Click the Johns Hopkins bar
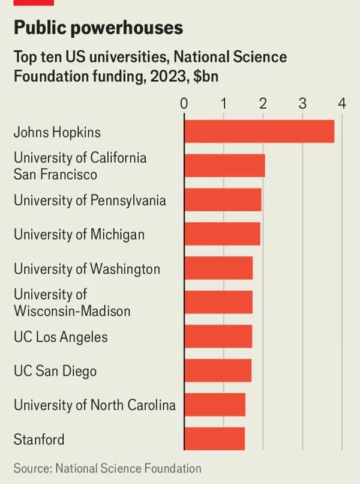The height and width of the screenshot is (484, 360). (259, 132)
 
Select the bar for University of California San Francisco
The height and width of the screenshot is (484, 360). (224, 166)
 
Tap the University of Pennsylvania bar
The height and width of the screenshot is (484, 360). (223, 200)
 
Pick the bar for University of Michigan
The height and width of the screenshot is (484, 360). (222, 234)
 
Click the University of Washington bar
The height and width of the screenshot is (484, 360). (218, 268)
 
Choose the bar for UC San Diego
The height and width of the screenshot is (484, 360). (218, 371)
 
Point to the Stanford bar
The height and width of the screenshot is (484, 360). (214, 439)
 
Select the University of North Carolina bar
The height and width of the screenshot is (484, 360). (215, 405)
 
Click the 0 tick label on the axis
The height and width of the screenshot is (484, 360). (184, 103)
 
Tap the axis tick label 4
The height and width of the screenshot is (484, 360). (342, 103)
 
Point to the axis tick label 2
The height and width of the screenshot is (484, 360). (263, 103)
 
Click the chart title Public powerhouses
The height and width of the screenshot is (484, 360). (98, 28)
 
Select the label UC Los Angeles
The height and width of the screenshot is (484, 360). (61, 337)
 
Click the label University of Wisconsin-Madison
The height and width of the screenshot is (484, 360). (71, 303)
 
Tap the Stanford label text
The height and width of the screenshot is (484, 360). (38, 440)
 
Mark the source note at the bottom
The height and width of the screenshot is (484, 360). (107, 468)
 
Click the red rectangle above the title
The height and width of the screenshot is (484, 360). (34, 2)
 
